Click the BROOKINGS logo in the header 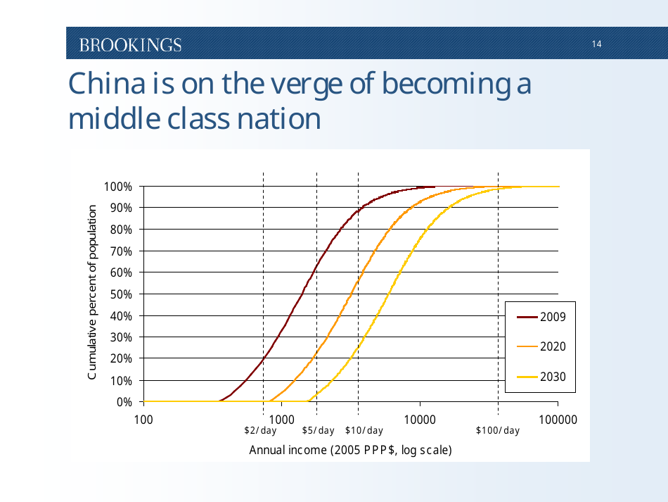(130, 45)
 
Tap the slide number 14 (596, 44)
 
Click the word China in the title (105, 84)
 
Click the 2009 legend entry (552, 317)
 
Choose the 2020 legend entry (552, 346)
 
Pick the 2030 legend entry (552, 377)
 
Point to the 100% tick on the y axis (118, 187)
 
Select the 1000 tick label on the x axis (281, 419)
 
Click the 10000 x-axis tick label (420, 419)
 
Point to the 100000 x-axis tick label (558, 419)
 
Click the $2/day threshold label (260, 431)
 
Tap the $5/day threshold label (318, 431)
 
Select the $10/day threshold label (364, 431)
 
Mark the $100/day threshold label (498, 431)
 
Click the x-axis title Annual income (350, 450)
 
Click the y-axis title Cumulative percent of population (91, 294)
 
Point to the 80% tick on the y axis (120, 230)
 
